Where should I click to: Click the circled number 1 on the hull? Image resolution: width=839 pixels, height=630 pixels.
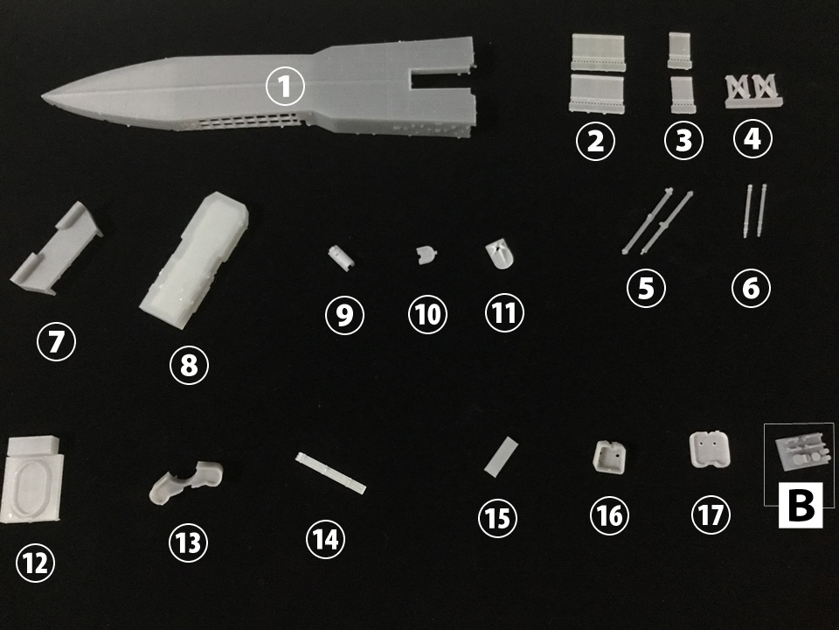click(285, 87)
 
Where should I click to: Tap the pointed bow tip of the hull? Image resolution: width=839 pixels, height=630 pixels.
click(43, 97)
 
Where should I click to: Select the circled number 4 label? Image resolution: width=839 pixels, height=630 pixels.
click(752, 138)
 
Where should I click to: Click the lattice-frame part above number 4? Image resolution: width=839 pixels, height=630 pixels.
click(752, 90)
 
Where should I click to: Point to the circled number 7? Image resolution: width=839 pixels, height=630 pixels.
click(56, 341)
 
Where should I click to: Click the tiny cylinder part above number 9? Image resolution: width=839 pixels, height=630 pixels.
click(341, 257)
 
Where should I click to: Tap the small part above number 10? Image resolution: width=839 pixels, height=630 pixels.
click(426, 255)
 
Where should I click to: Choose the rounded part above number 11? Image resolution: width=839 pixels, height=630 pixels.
click(500, 254)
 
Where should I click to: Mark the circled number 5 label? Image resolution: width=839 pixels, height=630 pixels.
click(646, 288)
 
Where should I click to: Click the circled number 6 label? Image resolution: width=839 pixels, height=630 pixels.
click(751, 288)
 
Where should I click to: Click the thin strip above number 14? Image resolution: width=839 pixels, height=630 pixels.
click(330, 472)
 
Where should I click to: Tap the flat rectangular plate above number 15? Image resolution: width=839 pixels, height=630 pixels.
click(502, 457)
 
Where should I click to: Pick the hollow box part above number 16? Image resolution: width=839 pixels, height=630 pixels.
click(609, 457)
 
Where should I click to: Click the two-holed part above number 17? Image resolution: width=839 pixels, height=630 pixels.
click(710, 449)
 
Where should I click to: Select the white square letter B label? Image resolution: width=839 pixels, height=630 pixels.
click(800, 505)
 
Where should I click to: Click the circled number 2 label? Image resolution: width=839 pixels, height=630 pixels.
click(595, 140)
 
